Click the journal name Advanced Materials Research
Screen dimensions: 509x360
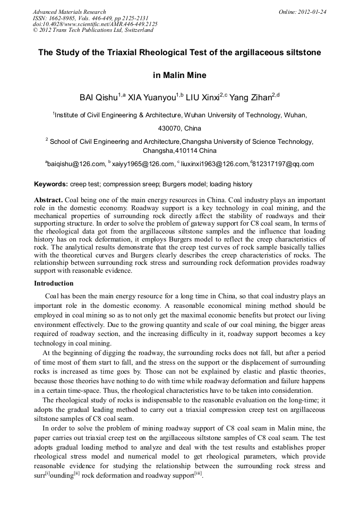click(69, 12)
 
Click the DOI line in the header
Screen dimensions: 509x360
click(95, 24)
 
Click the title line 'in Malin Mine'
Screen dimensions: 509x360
click(179, 75)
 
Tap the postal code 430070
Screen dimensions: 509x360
click(169, 128)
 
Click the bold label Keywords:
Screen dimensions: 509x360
click(51, 184)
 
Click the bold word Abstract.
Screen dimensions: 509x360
click(48, 200)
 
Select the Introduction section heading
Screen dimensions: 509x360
click(54, 283)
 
